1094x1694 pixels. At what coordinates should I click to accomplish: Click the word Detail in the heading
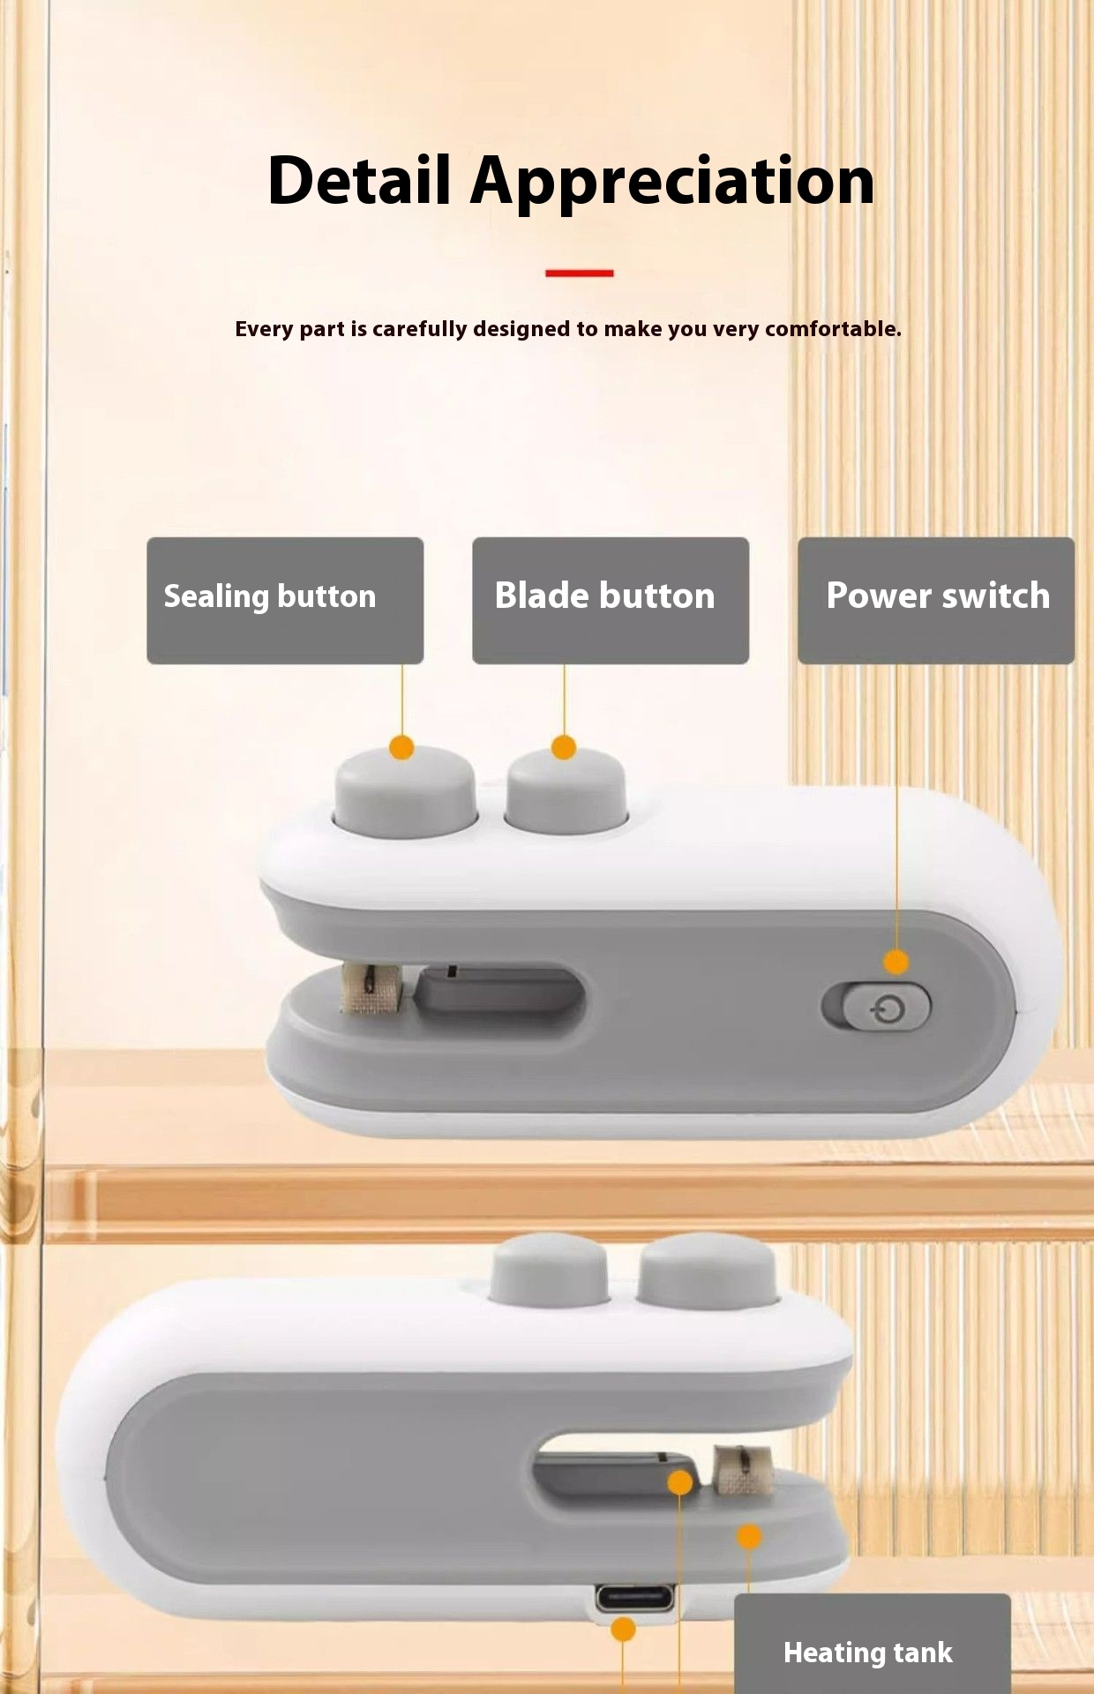click(360, 180)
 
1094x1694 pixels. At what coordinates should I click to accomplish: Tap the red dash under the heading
click(579, 274)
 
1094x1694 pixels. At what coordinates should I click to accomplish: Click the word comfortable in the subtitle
click(833, 329)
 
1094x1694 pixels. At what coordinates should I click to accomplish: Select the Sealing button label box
click(285, 600)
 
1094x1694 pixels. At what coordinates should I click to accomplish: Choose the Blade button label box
click(611, 600)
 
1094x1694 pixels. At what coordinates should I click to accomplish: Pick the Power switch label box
click(936, 600)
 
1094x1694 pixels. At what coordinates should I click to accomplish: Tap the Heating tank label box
click(873, 1643)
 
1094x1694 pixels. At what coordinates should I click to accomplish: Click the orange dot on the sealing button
click(401, 748)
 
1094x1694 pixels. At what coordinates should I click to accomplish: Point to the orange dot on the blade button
click(564, 748)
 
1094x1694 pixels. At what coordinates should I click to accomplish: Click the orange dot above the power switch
click(896, 962)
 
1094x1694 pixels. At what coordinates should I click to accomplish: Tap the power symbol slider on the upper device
click(886, 1007)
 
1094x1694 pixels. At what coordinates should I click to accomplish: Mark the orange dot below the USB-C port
click(623, 1629)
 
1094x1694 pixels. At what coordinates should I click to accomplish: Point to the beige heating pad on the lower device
click(743, 1470)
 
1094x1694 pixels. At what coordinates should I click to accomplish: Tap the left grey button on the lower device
click(549, 1270)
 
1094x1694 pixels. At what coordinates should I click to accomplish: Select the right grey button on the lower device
click(708, 1270)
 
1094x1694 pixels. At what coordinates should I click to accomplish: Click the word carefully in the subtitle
click(419, 330)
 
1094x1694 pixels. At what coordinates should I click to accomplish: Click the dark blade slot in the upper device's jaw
click(499, 992)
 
